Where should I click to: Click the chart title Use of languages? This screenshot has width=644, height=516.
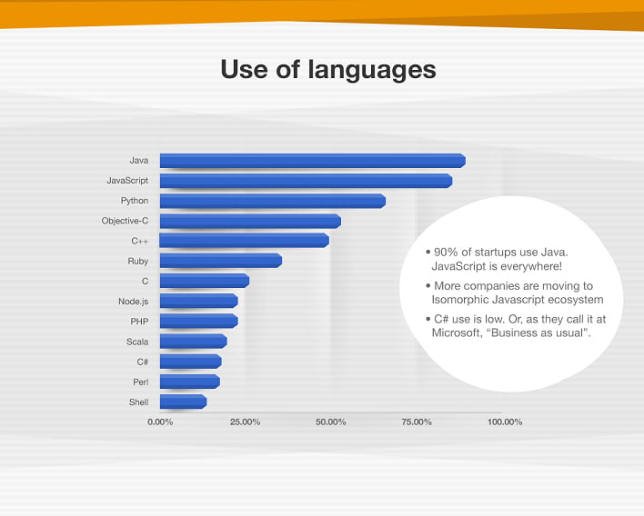328,69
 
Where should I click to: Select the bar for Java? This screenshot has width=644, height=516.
313,161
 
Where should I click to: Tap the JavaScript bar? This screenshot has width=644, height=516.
306,181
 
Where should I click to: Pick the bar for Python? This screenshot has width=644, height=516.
273,201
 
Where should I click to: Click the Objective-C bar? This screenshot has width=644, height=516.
250,221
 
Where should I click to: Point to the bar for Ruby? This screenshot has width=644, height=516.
221,261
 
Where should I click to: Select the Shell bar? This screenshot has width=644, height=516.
183,402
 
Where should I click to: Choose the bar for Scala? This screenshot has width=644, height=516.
194,342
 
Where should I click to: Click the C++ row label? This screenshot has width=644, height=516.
140,241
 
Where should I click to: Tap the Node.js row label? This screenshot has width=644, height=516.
133,302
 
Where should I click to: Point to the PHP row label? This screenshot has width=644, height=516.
139,322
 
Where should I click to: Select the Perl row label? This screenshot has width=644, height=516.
140,382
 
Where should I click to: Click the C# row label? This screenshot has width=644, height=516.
142,362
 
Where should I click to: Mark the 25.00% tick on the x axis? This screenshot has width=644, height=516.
246,422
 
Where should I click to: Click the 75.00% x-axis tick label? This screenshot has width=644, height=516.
417,422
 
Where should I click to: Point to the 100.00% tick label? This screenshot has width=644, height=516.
505,422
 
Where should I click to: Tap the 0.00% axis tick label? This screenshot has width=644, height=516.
160,422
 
